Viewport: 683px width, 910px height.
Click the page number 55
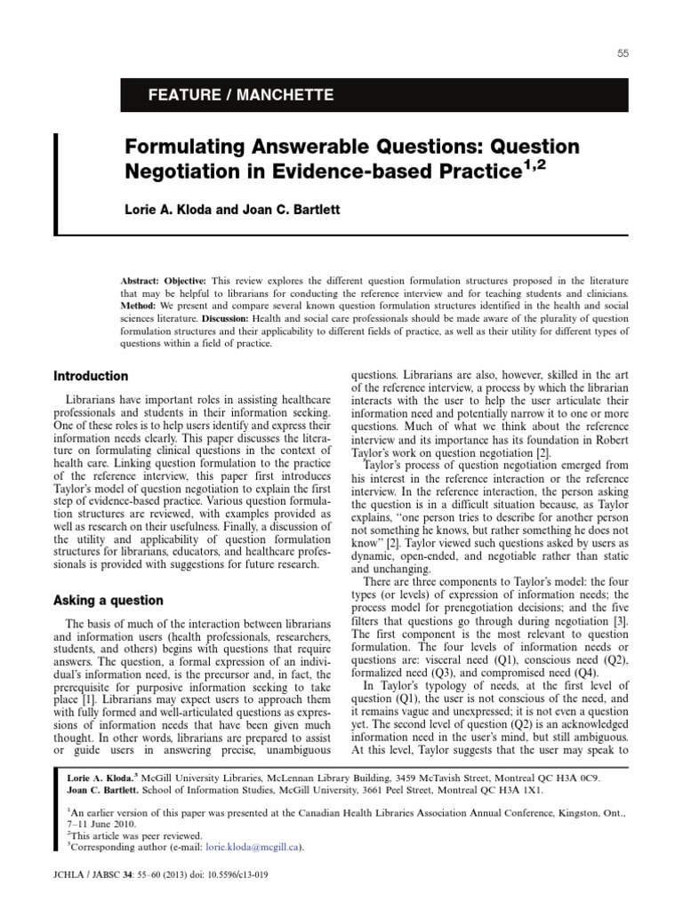(623, 54)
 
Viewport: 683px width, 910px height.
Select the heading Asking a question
(108, 601)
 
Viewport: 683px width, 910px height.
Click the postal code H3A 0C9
(577, 777)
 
